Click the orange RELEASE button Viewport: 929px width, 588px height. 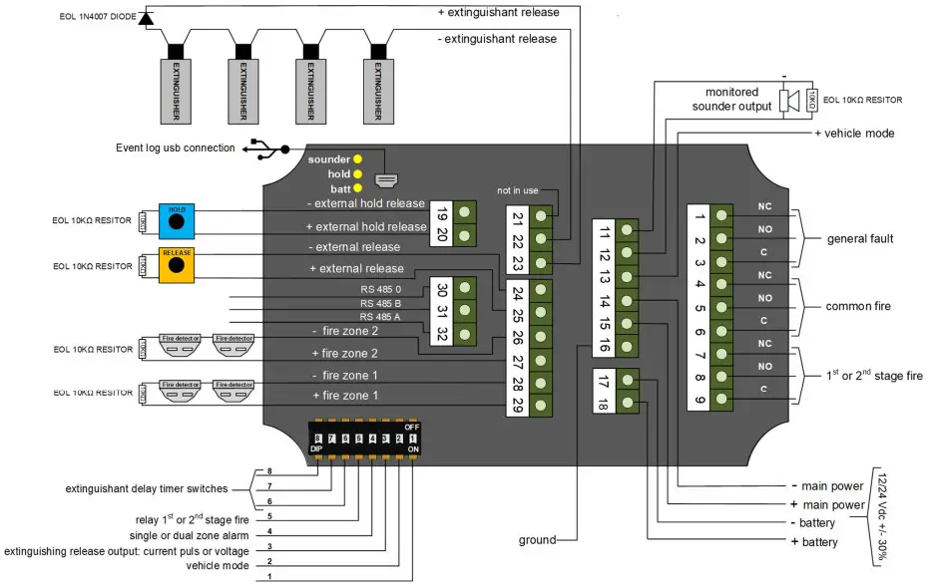coord(177,265)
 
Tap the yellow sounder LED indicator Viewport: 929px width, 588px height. coord(357,159)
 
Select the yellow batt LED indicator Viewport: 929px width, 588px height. coord(357,188)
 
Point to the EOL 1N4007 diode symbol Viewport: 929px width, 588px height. coord(146,17)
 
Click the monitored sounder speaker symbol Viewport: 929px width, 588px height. coord(787,100)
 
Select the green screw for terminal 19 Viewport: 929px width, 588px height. coord(463,211)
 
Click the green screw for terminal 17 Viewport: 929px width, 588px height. coord(628,380)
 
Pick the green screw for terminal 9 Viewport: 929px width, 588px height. coord(723,401)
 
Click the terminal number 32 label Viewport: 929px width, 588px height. coord(441,334)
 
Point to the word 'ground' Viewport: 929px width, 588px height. coord(537,541)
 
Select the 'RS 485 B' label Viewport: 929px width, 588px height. coord(381,303)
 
